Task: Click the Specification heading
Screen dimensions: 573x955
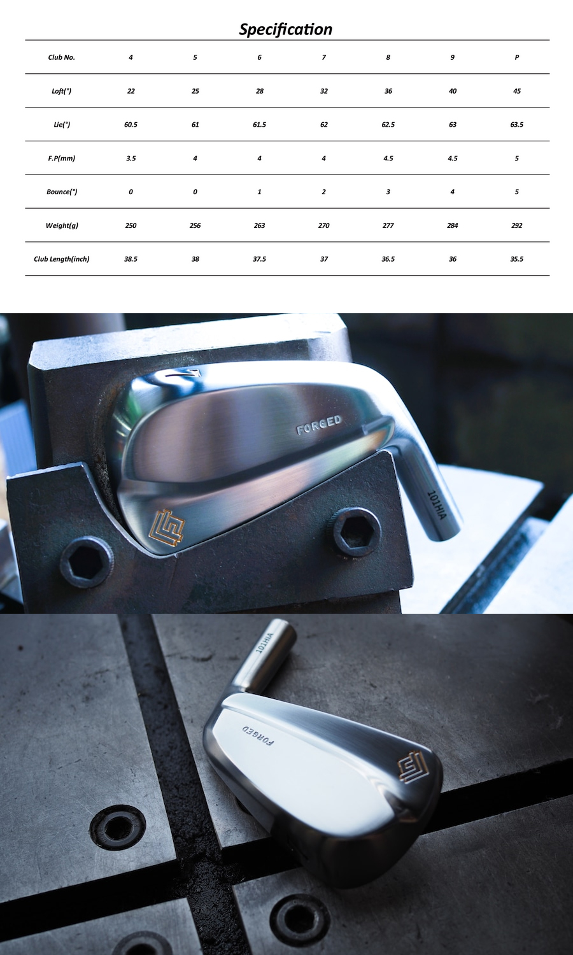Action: pos(286,29)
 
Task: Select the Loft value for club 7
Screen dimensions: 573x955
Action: pos(324,91)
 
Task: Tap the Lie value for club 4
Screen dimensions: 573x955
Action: pos(131,125)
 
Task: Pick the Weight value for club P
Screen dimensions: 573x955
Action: pos(517,225)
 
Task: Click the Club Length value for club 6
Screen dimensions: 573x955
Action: pos(260,258)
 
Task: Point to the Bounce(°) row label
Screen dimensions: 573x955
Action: pos(62,192)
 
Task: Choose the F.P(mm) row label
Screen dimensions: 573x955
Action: pos(61,158)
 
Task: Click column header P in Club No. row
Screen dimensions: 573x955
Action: pos(517,57)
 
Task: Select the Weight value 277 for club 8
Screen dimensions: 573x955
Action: pos(388,225)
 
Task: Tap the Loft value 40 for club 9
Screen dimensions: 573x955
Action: pos(452,91)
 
